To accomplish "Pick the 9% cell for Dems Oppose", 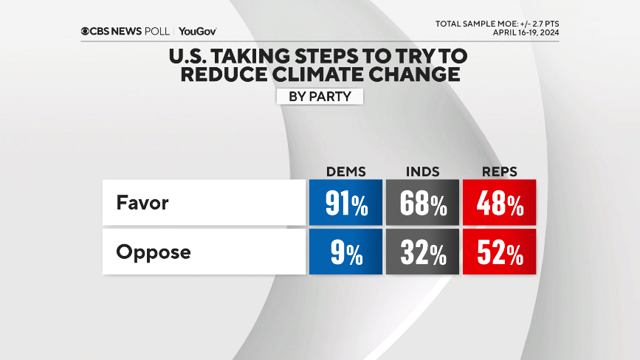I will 346,252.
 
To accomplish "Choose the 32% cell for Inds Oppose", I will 423,252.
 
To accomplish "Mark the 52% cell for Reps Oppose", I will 499,252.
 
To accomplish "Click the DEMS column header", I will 346,172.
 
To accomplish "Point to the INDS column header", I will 423,172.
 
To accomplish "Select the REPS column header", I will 499,172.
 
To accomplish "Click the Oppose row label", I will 153,252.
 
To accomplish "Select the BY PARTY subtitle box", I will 320,96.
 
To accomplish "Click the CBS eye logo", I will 86,32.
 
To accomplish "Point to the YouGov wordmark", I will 197,32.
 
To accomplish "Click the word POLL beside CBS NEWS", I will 157,32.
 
